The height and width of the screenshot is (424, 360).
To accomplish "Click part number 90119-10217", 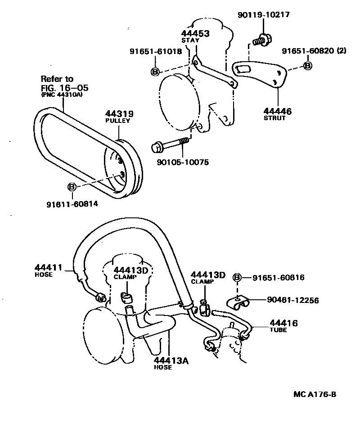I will tap(263, 15).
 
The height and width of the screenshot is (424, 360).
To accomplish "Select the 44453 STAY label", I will tap(196, 36).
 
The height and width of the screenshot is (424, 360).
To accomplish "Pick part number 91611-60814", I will tap(72, 204).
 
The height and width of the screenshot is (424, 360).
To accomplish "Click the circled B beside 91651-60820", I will tap(308, 66).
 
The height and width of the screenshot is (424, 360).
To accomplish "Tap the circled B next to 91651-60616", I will tap(238, 278).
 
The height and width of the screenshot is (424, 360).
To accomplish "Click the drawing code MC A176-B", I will tap(315, 395).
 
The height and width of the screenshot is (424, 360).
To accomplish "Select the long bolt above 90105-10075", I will tap(170, 144).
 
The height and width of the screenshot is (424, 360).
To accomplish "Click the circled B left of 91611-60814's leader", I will tap(72, 187).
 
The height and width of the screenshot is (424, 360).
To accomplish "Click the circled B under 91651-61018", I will tap(154, 72).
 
